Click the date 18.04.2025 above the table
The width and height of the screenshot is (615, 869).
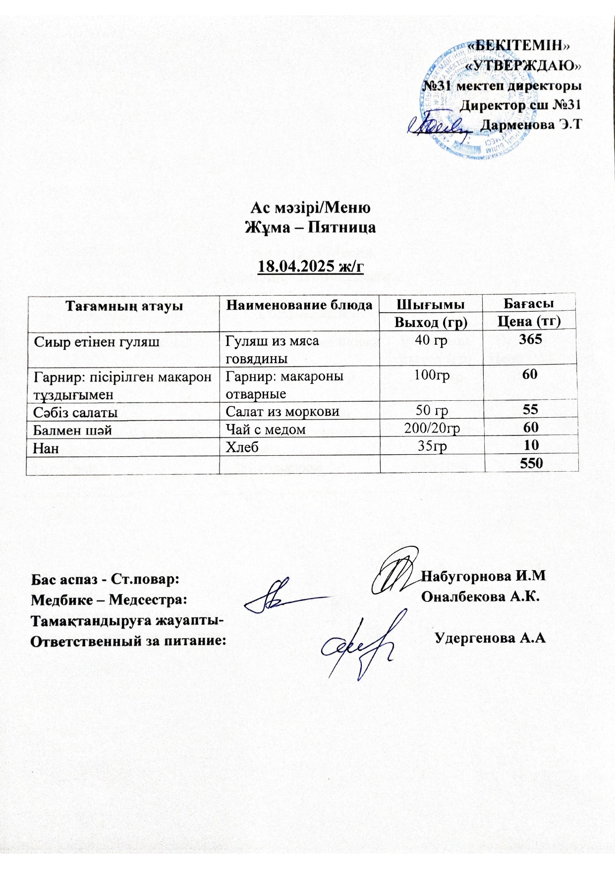pyautogui.click(x=311, y=267)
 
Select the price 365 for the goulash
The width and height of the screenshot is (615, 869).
pyautogui.click(x=530, y=339)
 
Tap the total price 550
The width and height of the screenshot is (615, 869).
pyautogui.click(x=531, y=463)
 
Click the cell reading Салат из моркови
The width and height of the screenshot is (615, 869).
pyautogui.click(x=282, y=411)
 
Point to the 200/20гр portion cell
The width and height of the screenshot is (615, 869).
pyautogui.click(x=432, y=429)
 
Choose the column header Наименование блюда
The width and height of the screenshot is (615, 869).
pyautogui.click(x=299, y=305)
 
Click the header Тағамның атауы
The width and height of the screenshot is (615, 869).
pyautogui.click(x=124, y=306)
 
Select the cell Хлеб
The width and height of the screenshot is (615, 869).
pyautogui.click(x=242, y=447)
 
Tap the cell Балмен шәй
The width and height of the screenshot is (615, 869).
pyautogui.click(x=72, y=430)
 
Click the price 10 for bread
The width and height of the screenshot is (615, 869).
pyautogui.click(x=531, y=445)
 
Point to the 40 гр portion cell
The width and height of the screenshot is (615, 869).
pyautogui.click(x=432, y=340)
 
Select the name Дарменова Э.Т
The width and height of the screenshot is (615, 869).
pyautogui.click(x=531, y=125)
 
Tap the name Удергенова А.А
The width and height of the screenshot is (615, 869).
pyautogui.click(x=490, y=638)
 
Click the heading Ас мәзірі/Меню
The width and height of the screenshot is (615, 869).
pyautogui.click(x=310, y=208)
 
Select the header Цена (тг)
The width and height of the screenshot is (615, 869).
pyautogui.click(x=529, y=322)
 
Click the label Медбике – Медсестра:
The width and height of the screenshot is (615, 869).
pyautogui.click(x=109, y=600)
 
